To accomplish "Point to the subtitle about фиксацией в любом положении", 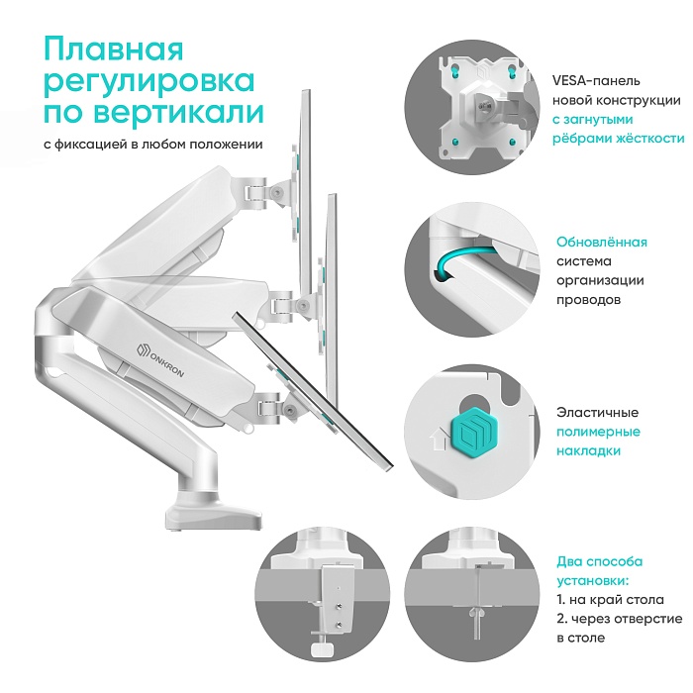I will click(x=152, y=144).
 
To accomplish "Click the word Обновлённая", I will click(x=602, y=243).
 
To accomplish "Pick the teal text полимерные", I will click(x=598, y=432).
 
